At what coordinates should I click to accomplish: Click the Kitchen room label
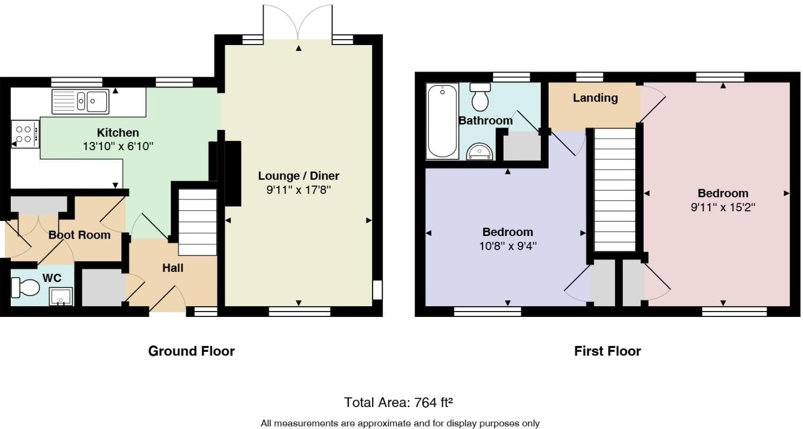point(118,133)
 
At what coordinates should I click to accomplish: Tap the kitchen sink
point(81,102)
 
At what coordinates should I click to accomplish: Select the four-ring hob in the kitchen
point(25,134)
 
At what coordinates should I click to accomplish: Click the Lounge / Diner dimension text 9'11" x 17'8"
point(298,190)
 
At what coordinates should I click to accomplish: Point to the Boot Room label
point(79,235)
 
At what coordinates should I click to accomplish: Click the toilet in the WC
point(25,287)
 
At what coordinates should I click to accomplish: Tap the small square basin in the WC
point(61,297)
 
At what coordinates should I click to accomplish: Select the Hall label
point(173,268)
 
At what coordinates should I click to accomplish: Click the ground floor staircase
point(198,222)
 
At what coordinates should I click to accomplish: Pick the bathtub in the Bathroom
point(442,121)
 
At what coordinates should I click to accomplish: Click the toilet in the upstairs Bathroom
point(480,97)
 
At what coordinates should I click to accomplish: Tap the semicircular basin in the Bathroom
point(480,152)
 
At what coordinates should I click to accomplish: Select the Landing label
point(595,98)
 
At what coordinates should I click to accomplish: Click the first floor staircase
point(615,190)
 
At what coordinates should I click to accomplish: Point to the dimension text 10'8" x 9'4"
point(508,246)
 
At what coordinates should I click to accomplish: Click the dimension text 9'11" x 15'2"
point(722,208)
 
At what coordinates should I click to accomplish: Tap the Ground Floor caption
point(192,351)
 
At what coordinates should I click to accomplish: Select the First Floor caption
point(607,351)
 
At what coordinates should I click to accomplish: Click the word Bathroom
point(485,121)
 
